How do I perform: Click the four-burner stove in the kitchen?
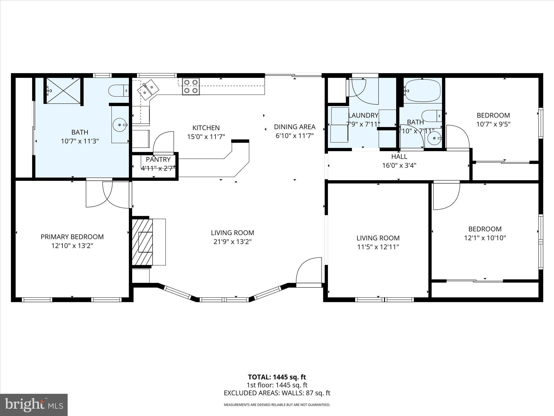(x=191, y=86)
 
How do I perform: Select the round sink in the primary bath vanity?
(x=120, y=125)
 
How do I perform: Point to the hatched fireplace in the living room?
(x=142, y=242)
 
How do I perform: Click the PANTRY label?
(x=158, y=160)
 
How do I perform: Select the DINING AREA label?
(x=295, y=127)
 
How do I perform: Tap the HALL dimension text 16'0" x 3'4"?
(x=399, y=165)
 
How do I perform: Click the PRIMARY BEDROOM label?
(x=72, y=237)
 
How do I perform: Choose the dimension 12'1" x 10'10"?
(x=485, y=238)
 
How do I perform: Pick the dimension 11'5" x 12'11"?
(x=378, y=247)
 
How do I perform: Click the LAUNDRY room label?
(x=363, y=115)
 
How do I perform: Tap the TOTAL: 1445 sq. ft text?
(x=277, y=377)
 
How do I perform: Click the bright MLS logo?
(x=34, y=405)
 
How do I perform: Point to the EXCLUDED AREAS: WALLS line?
(x=277, y=393)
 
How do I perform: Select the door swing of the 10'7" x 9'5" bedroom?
(x=457, y=137)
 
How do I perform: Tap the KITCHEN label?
(x=206, y=128)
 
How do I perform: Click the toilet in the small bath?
(x=431, y=116)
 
